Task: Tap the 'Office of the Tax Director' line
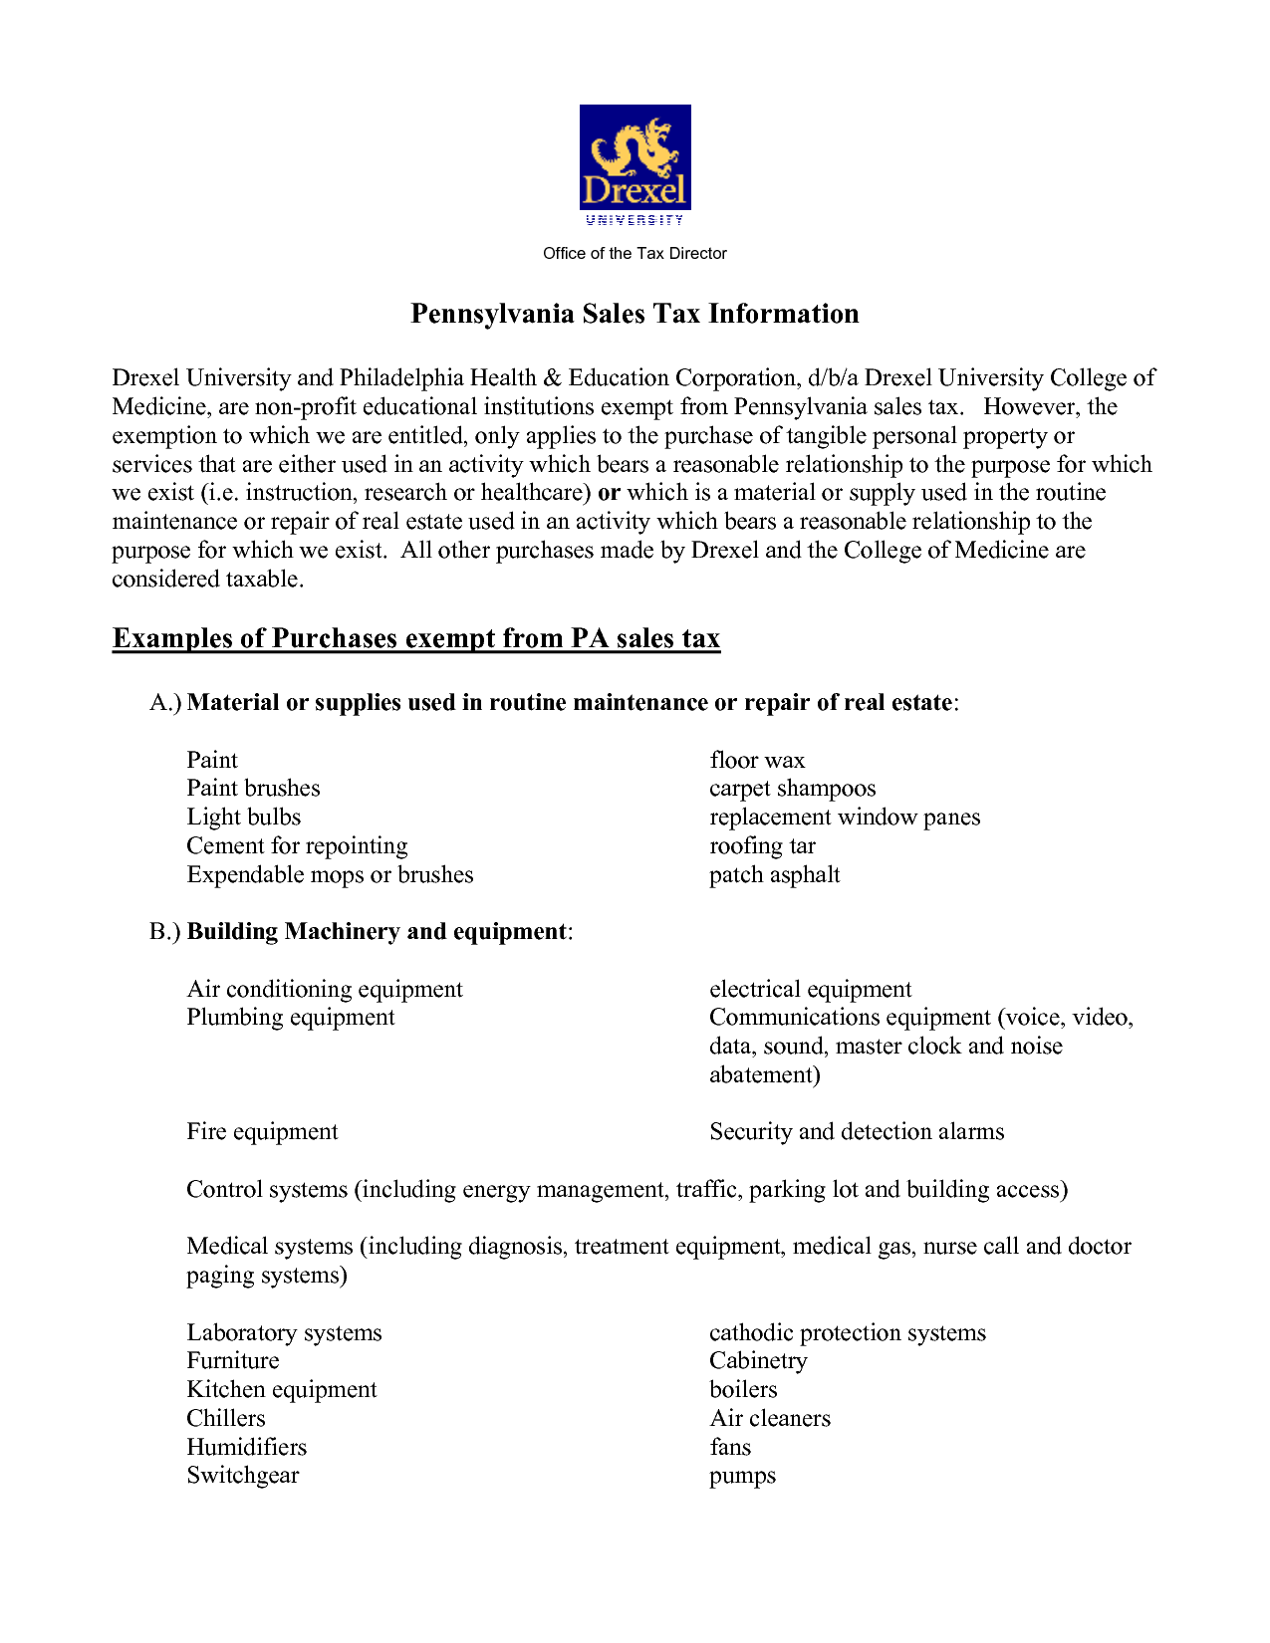pos(635,254)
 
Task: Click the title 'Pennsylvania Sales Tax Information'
pos(635,314)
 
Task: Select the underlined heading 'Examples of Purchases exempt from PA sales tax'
pos(415,638)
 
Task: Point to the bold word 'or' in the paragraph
pos(609,493)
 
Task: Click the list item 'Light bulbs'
pos(243,818)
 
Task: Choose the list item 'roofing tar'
pos(762,846)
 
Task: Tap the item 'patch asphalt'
pos(774,875)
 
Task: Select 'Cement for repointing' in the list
pos(297,846)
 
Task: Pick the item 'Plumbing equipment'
pos(290,1018)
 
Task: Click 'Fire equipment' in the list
pos(262,1132)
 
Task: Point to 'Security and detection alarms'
pos(857,1132)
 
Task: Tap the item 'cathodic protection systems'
pos(847,1333)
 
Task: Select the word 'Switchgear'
pos(242,1476)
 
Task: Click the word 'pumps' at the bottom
pos(742,1477)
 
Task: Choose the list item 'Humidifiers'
pos(246,1448)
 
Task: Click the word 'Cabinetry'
pos(758,1361)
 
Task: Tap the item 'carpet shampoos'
pos(792,789)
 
